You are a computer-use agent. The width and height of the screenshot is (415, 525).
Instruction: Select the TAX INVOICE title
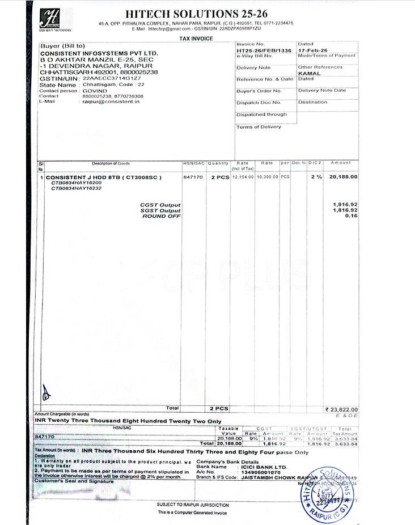(196, 38)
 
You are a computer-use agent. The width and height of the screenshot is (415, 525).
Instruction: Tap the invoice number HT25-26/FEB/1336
(264, 50)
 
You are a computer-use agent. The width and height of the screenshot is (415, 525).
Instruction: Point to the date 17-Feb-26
(312, 50)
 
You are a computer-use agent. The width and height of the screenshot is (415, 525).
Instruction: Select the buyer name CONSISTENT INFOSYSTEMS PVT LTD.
(99, 53)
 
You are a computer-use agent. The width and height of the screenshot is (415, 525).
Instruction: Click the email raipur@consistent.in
(111, 101)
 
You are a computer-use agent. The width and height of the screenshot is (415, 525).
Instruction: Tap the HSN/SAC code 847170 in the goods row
(193, 177)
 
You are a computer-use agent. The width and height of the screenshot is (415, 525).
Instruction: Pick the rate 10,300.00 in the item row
(267, 177)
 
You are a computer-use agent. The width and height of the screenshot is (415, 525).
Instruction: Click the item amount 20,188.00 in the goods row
(344, 177)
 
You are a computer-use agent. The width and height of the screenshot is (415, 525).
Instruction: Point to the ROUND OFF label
(162, 216)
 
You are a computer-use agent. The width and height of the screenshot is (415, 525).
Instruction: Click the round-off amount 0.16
(352, 216)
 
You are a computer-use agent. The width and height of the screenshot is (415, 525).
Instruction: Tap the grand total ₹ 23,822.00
(341, 409)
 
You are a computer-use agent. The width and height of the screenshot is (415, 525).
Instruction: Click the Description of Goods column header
(111, 163)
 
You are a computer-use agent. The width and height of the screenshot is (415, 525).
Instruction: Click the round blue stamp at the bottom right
(325, 490)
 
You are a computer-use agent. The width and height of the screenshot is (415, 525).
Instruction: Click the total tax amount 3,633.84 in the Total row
(346, 443)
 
